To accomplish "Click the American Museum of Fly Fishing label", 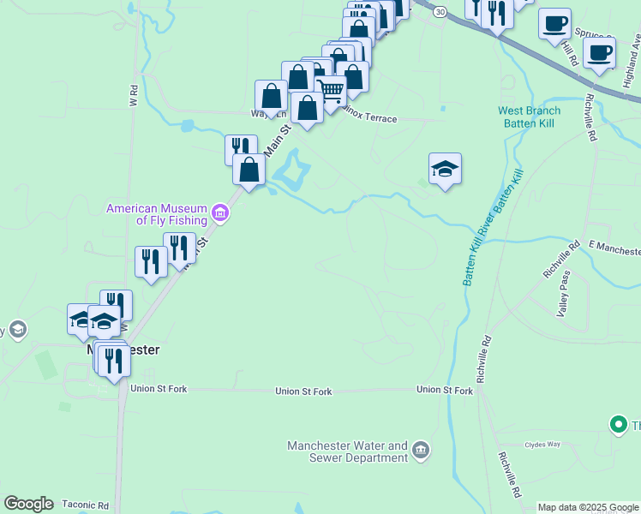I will coord(157,214).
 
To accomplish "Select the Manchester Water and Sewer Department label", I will coord(347,451).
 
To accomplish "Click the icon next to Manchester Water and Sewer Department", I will coord(420,450).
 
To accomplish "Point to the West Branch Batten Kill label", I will coord(530,117).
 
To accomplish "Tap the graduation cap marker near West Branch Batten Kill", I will coord(445,169).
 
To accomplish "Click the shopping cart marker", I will coord(331,91).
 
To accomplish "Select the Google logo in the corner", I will coord(28,504).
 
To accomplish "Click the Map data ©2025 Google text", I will coord(589,507).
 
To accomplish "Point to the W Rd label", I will coord(134,95).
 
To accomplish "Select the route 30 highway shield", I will coord(440,12).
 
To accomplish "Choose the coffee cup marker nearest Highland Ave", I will coord(598,51).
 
